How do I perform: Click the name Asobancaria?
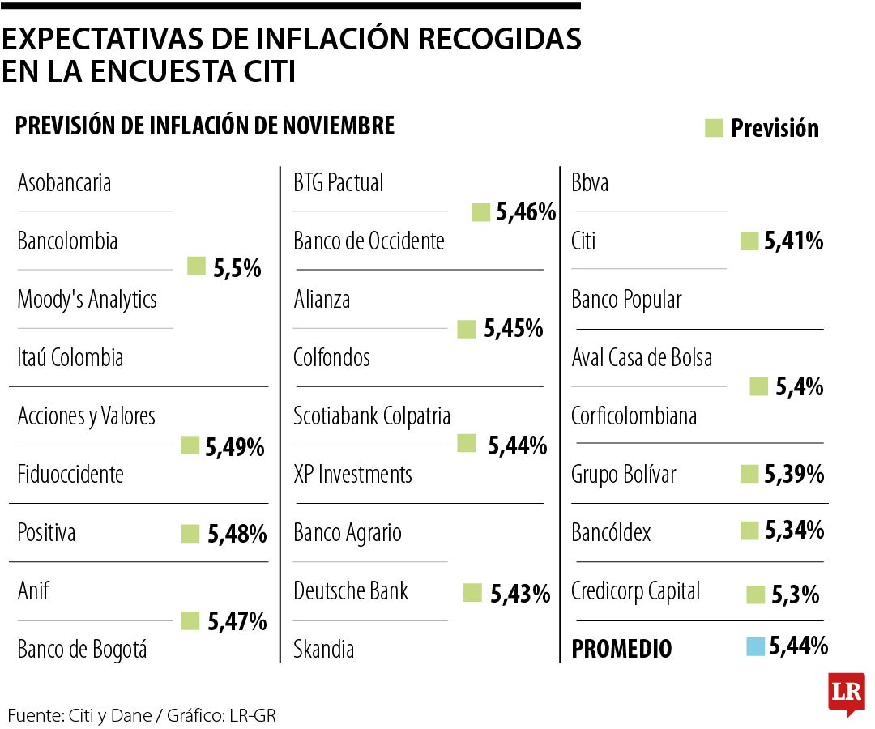click(65, 183)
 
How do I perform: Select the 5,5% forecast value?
click(237, 270)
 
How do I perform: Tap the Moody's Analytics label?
click(87, 301)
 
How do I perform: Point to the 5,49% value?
click(234, 446)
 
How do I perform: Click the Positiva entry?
click(47, 533)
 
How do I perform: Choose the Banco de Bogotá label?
click(83, 649)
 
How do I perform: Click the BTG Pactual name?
click(339, 183)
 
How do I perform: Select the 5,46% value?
click(526, 213)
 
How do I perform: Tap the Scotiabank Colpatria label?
click(372, 416)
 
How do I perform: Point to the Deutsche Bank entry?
click(351, 590)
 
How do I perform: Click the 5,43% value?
click(520, 595)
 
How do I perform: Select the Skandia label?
click(324, 649)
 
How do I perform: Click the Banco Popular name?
click(626, 301)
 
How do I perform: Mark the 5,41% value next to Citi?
click(793, 241)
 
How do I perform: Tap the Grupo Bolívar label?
click(624, 474)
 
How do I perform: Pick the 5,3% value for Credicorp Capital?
click(795, 595)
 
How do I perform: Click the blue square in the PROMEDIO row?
click(755, 646)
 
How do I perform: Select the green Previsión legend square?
click(714, 128)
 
